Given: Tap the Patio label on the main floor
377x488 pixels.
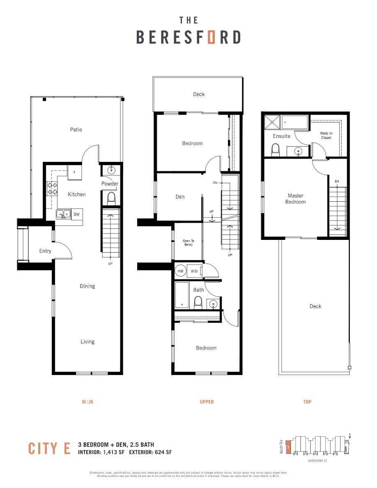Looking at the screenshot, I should pos(76,130).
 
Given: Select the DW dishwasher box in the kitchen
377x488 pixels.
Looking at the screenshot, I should pos(77,214).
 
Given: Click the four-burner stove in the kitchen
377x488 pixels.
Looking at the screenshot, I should pos(53,189).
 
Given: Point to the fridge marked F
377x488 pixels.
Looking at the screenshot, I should pos(74,173).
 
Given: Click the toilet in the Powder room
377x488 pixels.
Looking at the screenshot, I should pos(111,199).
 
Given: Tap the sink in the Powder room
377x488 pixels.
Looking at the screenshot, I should pos(110,170).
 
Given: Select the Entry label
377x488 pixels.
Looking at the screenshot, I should pos(45,251).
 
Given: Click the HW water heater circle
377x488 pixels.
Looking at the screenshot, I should pos(180,271).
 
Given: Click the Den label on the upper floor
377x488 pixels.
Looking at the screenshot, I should pos(180,197).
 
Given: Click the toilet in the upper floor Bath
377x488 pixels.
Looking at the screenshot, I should pos(198,303).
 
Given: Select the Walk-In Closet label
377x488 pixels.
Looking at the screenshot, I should pos(326,136).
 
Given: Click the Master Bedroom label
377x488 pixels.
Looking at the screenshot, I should pos(296,199).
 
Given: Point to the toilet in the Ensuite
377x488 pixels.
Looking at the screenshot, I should pos(276,150).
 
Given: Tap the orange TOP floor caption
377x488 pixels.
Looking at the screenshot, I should pos(307,402).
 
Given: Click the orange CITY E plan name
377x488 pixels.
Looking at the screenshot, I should pos(50,449).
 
